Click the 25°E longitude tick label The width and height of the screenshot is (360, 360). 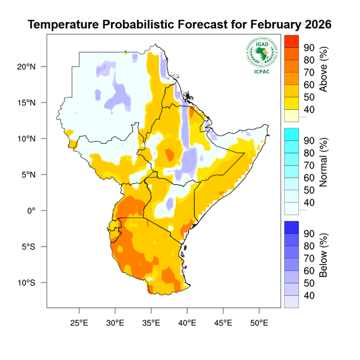(x=79, y=322)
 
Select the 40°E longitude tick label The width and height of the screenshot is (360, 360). (x=187, y=322)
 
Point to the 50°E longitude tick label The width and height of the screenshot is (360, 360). (x=259, y=322)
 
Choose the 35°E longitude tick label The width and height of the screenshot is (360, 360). (x=151, y=322)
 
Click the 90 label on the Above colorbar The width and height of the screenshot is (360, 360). (x=310, y=47)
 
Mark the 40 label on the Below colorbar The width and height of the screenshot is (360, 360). (x=310, y=295)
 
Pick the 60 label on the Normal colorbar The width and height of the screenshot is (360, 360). (x=310, y=178)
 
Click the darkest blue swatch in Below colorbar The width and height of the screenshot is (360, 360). (x=291, y=227)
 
